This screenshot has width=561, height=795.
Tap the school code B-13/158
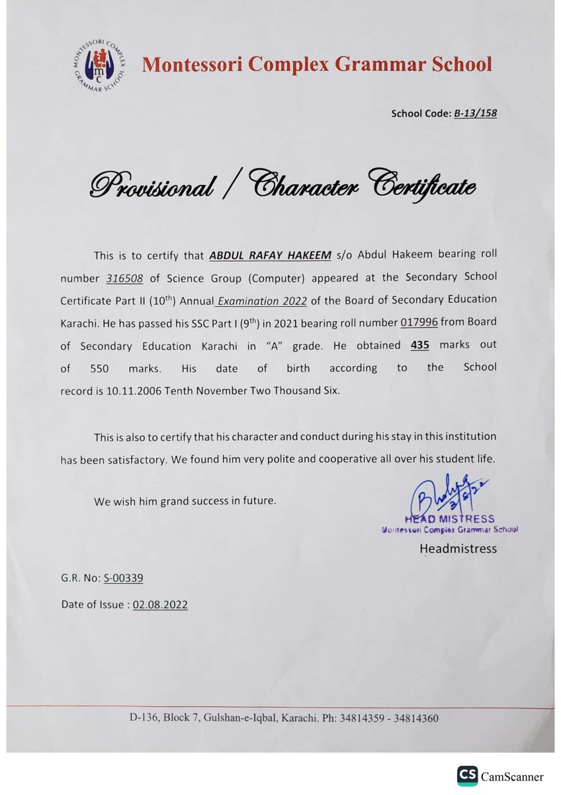[x=475, y=113]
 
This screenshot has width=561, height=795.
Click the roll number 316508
[x=125, y=278]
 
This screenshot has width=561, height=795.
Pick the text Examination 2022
[x=262, y=300]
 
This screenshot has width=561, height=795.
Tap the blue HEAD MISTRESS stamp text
[x=449, y=519]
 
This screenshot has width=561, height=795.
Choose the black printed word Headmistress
[x=458, y=549]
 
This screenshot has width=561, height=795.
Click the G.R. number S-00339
[x=124, y=578]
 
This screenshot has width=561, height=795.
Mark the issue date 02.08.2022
[x=160, y=604]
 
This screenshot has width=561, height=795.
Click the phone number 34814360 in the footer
[x=415, y=718]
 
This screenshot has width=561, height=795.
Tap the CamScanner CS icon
[x=467, y=776]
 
